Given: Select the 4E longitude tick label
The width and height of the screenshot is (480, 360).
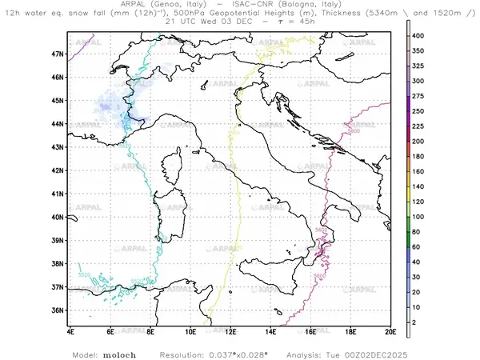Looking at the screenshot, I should tap(70, 330).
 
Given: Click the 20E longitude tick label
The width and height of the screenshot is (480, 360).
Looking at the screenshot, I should tap(390, 330).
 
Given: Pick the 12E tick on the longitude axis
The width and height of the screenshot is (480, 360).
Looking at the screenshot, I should tap(230, 330).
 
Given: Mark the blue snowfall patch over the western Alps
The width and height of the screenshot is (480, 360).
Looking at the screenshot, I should tap(112, 106).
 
